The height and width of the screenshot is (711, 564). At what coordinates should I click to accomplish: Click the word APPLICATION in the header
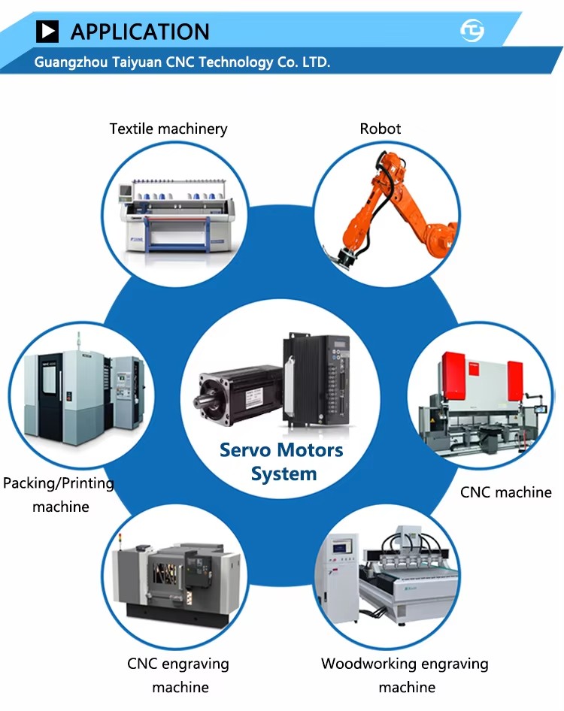click(140, 32)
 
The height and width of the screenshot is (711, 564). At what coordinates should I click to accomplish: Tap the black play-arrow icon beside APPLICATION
click(47, 32)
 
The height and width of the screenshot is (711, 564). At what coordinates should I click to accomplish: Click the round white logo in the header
click(472, 30)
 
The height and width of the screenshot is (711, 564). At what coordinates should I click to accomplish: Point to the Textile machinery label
click(168, 129)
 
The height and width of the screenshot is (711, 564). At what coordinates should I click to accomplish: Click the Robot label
click(381, 129)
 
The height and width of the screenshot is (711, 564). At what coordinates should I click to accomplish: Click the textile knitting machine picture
click(177, 216)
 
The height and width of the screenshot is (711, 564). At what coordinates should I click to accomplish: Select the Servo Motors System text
click(281, 461)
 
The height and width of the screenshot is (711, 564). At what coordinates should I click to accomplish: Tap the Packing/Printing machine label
click(59, 495)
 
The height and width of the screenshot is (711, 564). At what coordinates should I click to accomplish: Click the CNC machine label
click(506, 492)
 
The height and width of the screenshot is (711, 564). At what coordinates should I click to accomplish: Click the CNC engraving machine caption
click(178, 675)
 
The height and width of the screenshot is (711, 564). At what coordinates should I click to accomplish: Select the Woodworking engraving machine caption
click(405, 675)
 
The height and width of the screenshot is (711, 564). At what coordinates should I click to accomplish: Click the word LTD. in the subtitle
click(316, 62)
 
